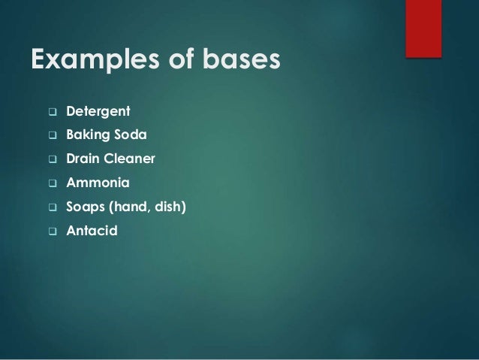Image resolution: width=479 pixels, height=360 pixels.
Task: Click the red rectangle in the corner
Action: tap(423, 28)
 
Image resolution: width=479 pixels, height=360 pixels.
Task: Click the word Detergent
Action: tap(98, 113)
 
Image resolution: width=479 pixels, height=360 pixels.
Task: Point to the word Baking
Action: tap(86, 136)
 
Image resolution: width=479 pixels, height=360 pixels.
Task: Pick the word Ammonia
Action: tap(98, 183)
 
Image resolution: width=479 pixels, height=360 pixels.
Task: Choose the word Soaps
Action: tap(86, 206)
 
